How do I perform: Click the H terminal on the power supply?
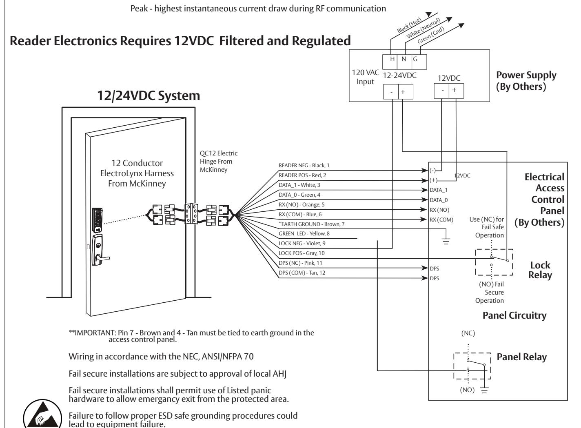pos(392,59)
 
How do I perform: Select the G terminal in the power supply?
pos(415,59)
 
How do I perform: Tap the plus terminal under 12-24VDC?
pos(403,92)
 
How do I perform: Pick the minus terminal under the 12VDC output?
pos(443,91)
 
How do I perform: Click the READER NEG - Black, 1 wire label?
pos(304,166)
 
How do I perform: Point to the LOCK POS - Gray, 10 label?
pos(302,253)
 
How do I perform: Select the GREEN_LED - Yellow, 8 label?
pos(304,233)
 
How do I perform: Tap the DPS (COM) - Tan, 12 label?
pos(302,273)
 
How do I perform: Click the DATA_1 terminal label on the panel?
pos(438,190)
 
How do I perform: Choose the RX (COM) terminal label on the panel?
pos(441,220)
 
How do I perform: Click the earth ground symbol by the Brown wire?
pos(446,241)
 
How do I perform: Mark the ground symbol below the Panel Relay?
pos(484,390)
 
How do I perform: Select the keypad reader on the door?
pos(97,220)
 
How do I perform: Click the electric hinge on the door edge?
pos(191,214)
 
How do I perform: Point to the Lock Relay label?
pos(540,270)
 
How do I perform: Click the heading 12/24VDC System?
pos(149,95)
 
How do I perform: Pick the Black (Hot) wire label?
pos(409,25)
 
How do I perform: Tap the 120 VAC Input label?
pos(365,77)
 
